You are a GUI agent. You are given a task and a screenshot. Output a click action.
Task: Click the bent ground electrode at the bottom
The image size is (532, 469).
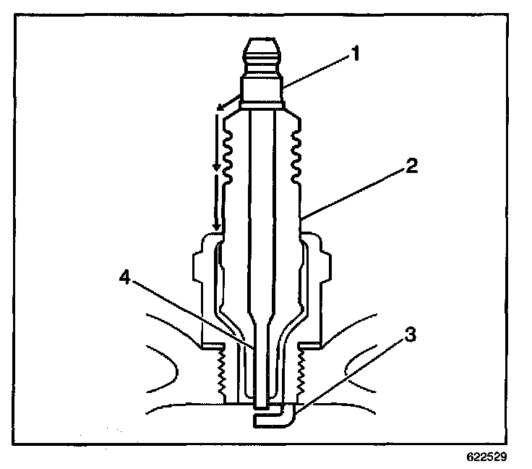coord(275,418)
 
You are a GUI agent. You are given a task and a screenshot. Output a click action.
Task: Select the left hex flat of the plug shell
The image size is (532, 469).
coord(202,267)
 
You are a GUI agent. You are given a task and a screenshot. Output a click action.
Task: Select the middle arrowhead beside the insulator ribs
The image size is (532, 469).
coord(216,168)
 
